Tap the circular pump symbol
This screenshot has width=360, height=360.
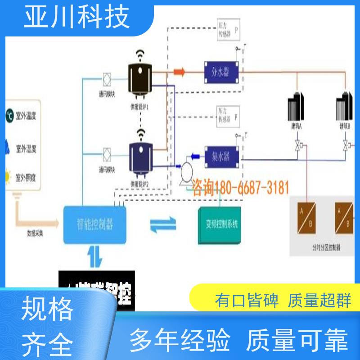tap(184, 171)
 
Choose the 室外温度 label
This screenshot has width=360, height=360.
tap(26, 116)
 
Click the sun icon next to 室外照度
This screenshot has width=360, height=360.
tap(8, 176)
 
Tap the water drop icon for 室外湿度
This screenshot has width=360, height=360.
tap(8, 147)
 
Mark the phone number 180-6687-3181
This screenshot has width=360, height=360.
tap(241, 188)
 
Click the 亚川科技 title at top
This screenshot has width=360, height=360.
tap(76, 17)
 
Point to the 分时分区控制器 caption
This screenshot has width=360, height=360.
tap(326, 247)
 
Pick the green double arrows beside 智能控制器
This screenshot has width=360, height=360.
tap(163, 224)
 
